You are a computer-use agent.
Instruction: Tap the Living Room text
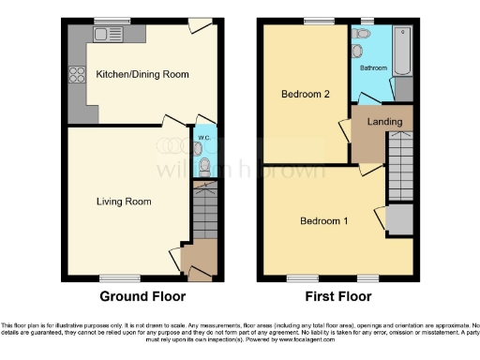point(124,202)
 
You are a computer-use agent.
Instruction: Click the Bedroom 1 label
point(323,221)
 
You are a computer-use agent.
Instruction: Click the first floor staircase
point(399,164)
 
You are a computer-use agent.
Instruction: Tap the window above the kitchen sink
point(111,21)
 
